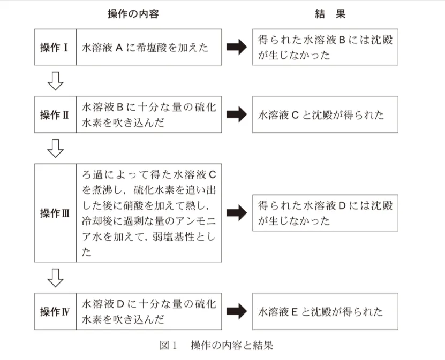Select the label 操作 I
(54, 48)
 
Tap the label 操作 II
(54, 115)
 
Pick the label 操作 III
(54, 213)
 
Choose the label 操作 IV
(54, 311)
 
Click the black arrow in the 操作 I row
(237, 47)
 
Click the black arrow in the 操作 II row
(237, 114)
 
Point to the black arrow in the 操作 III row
(237, 213)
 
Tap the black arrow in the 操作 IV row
(237, 311)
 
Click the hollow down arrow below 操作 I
(56, 81)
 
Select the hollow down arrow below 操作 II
(56, 148)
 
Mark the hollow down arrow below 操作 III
(56, 278)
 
